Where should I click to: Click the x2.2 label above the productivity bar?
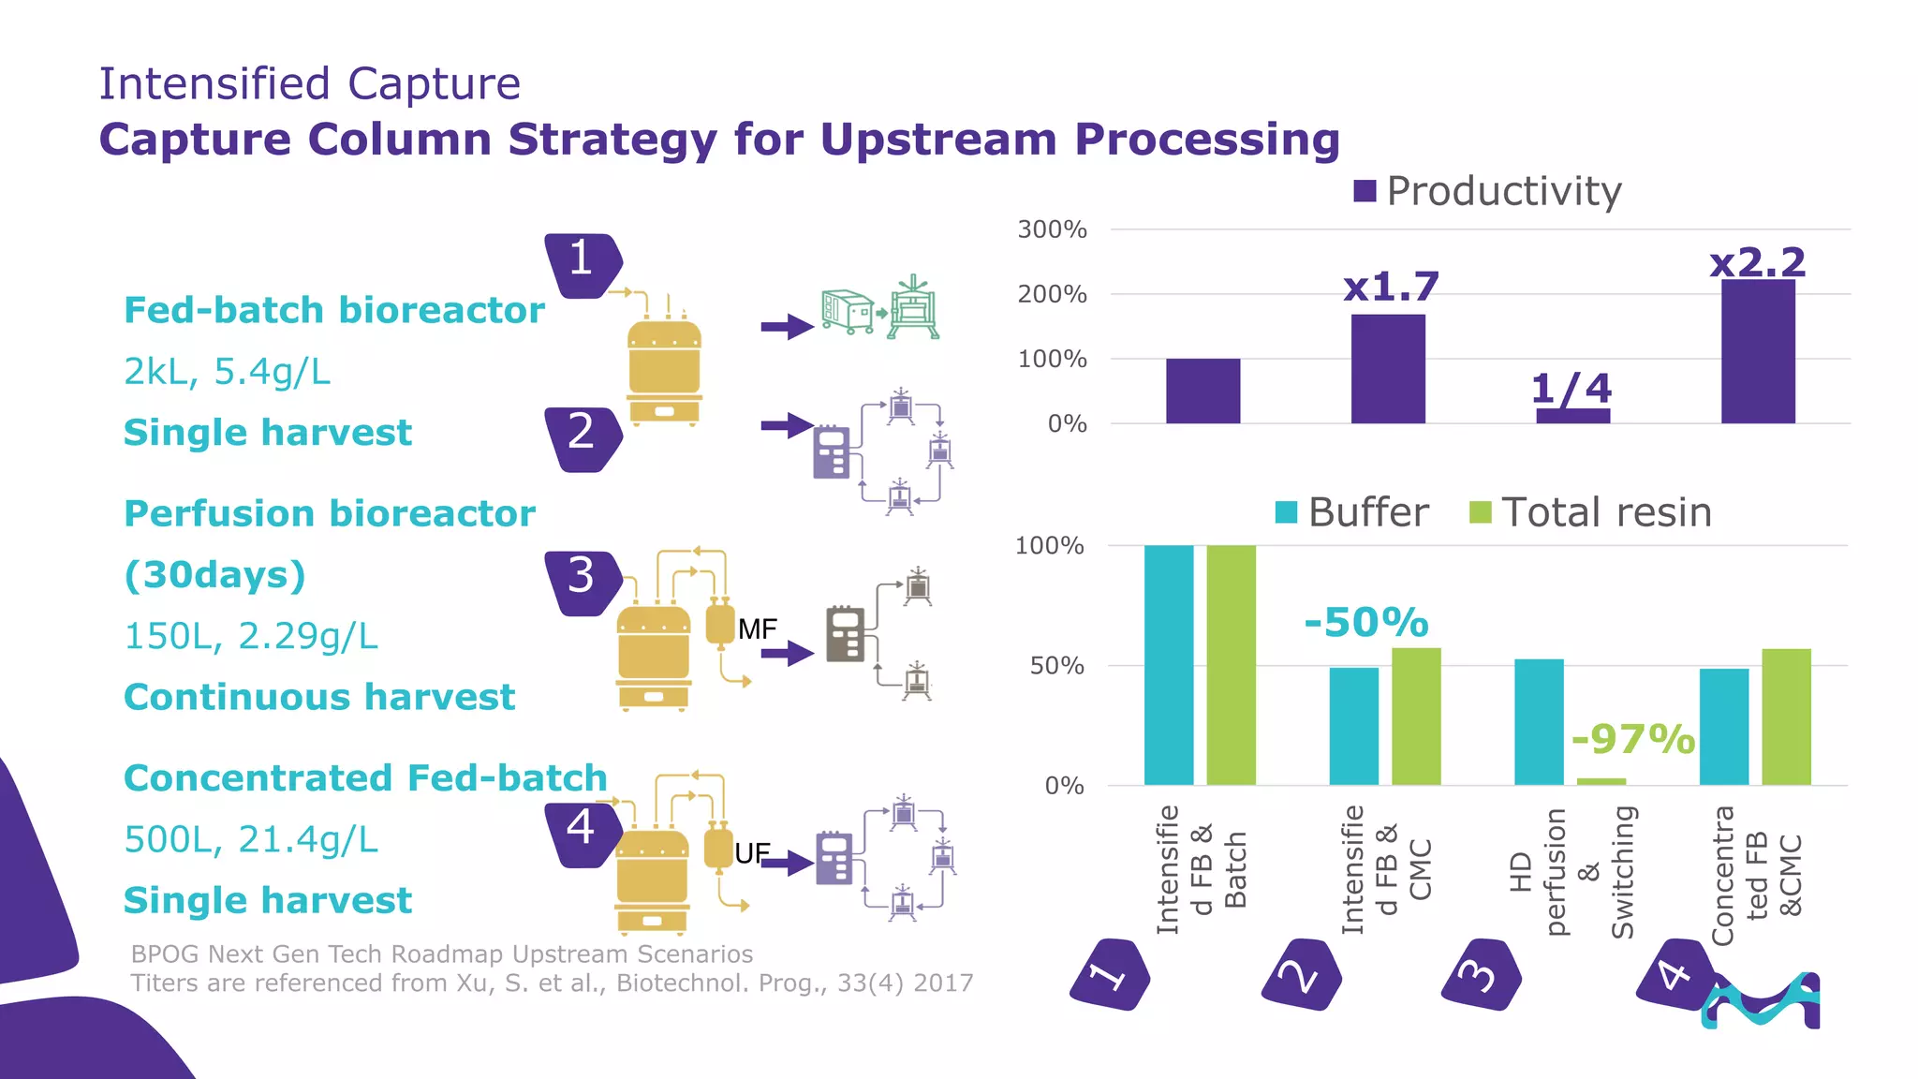click(1757, 262)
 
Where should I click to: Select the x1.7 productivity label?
click(1391, 287)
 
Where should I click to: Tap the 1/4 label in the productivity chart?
click(1571, 388)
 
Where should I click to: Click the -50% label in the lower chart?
click(1366, 622)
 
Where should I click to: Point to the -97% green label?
click(1633, 739)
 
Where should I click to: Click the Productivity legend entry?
click(1488, 191)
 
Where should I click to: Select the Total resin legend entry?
click(1592, 512)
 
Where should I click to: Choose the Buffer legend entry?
click(1353, 512)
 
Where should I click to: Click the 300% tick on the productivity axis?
click(1052, 229)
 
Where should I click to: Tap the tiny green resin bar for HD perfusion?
click(1601, 781)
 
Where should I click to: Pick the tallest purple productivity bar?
click(1758, 351)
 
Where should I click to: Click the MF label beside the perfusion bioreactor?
click(758, 629)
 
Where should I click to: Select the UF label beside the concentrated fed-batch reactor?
click(752, 853)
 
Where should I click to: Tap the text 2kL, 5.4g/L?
click(228, 372)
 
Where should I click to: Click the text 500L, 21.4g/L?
click(251, 839)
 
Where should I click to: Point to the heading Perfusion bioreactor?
click(330, 513)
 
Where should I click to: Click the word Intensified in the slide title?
click(214, 83)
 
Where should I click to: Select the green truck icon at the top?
click(847, 310)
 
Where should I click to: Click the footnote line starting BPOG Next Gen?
click(441, 953)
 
